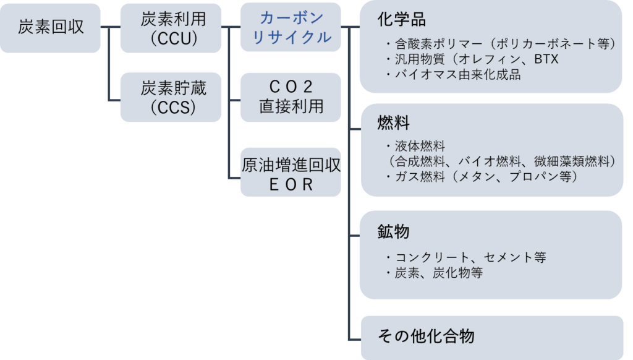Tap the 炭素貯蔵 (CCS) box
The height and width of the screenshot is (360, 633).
170,98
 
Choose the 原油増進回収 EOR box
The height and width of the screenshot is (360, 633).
291,175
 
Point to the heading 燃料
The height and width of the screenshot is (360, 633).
393,123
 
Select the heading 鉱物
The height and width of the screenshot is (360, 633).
393,232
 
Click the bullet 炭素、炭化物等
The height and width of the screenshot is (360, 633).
433,273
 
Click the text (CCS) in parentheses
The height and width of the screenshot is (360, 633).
170,108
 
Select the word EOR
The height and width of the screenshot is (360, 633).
291,185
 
